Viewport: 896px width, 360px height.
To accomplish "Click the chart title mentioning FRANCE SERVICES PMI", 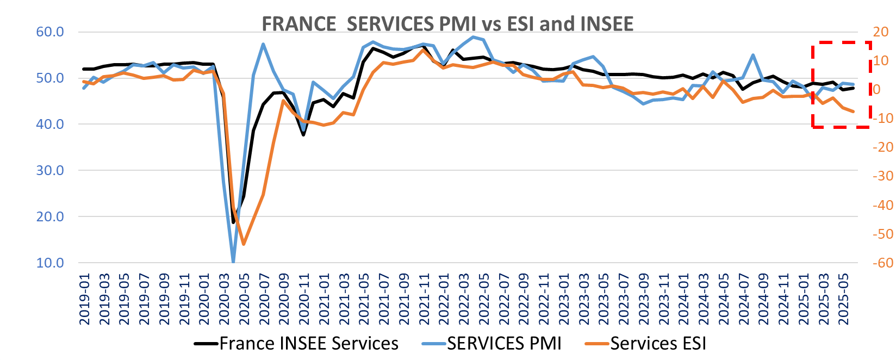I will pos(447,24).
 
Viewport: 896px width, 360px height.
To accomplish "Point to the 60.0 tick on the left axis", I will pos(50,32).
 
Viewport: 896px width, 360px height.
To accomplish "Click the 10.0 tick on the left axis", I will pos(50,263).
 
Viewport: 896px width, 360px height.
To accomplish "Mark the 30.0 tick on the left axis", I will pos(50,170).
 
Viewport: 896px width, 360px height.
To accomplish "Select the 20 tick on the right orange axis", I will pos(880,32).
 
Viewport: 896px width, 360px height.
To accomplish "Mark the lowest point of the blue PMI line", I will pos(233,262).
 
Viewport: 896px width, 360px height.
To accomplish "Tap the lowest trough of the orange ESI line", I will pos(244,244).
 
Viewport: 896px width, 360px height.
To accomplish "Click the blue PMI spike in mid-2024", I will pos(753,55).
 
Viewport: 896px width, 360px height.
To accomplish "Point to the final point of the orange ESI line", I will pos(853,111).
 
